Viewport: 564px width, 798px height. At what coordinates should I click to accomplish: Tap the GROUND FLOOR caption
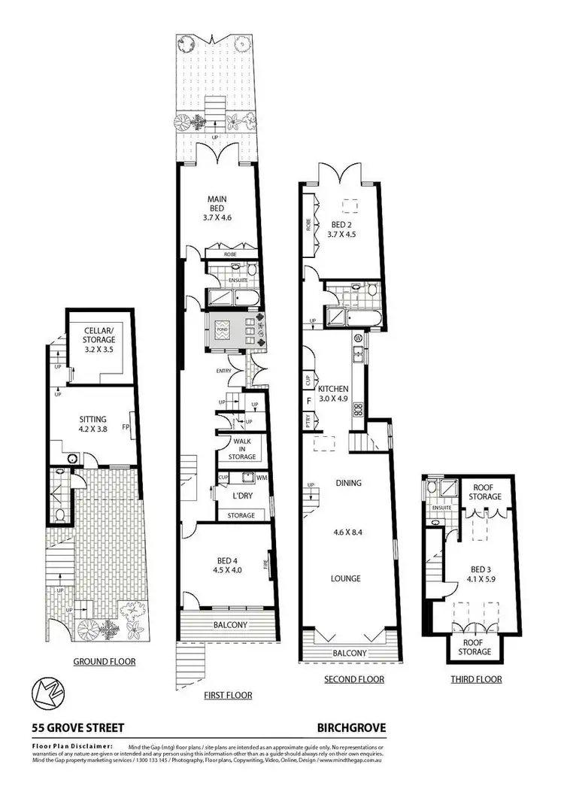click(104, 662)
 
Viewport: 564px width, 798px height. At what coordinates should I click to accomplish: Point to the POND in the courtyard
click(223, 329)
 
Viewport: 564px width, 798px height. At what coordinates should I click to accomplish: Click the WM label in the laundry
click(262, 478)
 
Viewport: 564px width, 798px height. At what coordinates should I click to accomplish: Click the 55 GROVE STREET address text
click(77, 727)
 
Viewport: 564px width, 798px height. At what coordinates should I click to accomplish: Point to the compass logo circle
click(47, 692)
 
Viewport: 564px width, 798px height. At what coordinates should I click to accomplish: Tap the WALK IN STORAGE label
click(241, 449)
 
